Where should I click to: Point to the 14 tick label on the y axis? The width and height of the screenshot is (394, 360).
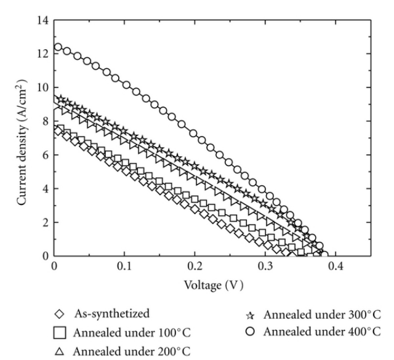coord(42,21)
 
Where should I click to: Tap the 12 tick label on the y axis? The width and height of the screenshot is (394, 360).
coord(42,54)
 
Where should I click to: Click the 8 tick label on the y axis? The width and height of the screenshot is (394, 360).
coord(44,121)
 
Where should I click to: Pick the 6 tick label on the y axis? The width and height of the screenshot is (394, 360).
coord(44,155)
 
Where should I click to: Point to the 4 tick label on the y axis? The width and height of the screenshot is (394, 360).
coord(44,188)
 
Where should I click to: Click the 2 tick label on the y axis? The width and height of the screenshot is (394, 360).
coord(44,222)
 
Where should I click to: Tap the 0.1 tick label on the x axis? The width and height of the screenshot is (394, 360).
coord(124,269)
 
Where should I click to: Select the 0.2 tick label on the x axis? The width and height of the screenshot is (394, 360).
coord(195,269)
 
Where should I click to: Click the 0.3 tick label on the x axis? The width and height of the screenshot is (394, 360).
coord(265,269)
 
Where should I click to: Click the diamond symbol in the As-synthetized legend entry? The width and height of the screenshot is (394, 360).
coord(60,314)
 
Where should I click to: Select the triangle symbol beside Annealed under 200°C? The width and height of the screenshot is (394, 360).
coord(60,351)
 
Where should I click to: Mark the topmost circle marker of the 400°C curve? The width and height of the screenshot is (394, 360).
coord(58,47)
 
